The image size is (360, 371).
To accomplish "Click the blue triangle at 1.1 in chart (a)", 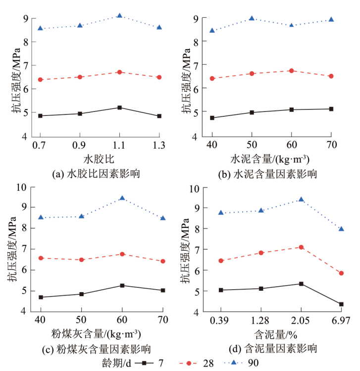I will pos(119,16).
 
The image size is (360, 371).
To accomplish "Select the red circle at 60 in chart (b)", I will pos(291,71).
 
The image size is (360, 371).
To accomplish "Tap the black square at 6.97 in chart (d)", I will pos(341,304).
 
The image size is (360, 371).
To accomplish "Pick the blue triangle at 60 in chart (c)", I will pos(122,198).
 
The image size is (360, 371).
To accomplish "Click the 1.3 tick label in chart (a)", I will pos(159,146).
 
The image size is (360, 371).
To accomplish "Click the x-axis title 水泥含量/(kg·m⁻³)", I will pos(270,159).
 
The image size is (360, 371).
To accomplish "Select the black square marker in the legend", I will pos(144,363).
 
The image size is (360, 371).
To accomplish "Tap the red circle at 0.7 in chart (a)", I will pos(40,79).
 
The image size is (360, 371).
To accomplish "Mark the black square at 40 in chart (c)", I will pos(41,297).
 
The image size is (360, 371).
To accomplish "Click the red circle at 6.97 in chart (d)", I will pos(341,273).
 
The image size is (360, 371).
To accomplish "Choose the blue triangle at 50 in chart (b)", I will pos(252,18).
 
